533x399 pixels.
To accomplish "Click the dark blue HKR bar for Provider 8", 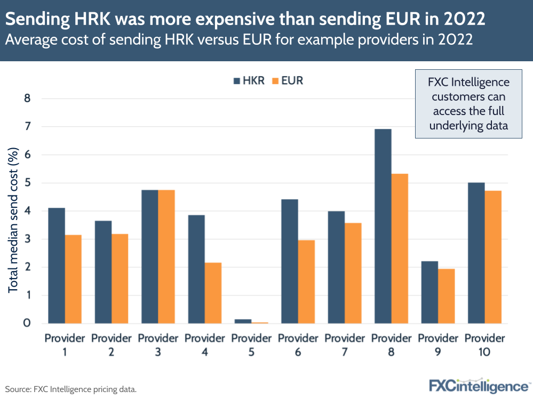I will [x=383, y=226].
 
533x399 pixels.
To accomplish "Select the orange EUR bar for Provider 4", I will [x=213, y=293].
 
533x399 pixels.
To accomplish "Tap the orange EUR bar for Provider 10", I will [x=493, y=257].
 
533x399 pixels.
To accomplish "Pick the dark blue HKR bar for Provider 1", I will [x=56, y=266].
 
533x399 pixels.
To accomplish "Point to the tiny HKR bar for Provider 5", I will [x=243, y=321].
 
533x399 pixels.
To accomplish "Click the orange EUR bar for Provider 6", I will [x=306, y=282].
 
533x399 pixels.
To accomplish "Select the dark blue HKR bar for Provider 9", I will [x=429, y=292].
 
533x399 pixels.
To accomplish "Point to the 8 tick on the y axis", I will [x=28, y=99].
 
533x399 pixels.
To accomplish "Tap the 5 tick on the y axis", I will [x=28, y=183].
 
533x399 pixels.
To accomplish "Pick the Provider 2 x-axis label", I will [x=112, y=345].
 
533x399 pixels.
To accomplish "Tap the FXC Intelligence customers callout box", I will [x=470, y=103].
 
